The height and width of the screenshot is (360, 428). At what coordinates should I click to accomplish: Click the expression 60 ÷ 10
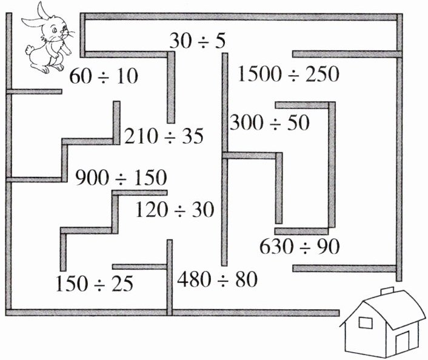coord(104,76)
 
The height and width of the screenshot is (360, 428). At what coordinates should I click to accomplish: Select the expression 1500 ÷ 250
coord(289,75)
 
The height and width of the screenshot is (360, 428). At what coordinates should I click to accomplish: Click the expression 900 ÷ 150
coord(121,178)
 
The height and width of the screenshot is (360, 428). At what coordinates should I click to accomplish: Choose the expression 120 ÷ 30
coord(175,210)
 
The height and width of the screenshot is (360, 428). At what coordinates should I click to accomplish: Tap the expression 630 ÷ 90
coord(299,247)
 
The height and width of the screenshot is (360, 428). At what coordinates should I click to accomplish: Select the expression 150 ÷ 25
coord(94,283)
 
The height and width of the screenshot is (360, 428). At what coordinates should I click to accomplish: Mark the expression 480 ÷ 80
coord(218,279)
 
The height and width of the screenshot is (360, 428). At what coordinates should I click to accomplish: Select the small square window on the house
coord(365,322)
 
